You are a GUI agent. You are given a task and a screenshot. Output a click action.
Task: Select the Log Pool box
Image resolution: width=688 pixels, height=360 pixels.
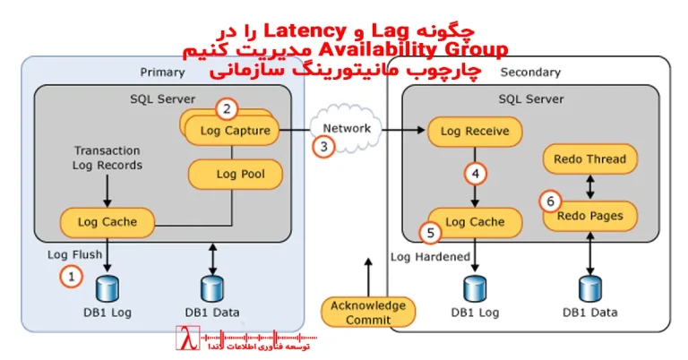236,174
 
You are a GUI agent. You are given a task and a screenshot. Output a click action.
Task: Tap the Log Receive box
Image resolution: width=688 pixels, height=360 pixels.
474,132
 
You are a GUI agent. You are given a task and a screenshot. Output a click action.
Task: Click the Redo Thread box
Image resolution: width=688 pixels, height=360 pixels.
590,160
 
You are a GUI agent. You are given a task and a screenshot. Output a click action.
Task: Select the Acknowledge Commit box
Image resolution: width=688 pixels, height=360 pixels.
368,313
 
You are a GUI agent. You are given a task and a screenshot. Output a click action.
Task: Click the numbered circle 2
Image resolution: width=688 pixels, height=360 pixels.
228,109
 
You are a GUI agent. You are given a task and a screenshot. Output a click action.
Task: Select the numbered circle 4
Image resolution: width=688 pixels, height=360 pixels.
476,174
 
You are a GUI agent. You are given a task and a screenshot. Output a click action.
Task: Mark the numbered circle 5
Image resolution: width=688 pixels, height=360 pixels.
430,233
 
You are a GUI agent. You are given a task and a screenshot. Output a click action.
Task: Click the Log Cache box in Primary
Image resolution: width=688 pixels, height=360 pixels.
107,220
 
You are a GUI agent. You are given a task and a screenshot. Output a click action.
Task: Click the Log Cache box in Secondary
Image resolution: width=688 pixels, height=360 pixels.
474,221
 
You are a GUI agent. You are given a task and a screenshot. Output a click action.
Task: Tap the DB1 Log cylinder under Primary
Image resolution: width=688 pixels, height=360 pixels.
107,288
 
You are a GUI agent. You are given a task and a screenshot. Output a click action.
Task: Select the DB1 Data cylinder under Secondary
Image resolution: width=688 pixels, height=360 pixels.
589,288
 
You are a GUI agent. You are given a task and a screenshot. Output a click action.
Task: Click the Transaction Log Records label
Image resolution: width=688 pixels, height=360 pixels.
107,158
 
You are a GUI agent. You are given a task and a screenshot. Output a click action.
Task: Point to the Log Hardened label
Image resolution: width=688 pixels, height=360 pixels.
431,256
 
